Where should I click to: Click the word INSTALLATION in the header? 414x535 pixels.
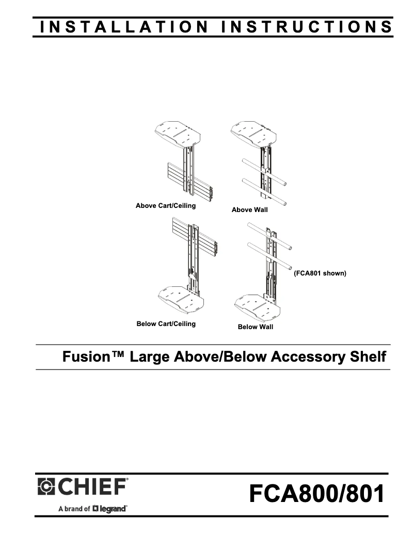(124, 27)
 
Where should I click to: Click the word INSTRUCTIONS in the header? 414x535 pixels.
(307, 27)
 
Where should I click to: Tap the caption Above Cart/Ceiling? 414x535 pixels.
(166, 206)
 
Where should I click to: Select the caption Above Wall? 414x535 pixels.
(250, 210)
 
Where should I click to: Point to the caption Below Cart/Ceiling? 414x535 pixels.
(166, 323)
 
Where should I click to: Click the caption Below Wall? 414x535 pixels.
(256, 327)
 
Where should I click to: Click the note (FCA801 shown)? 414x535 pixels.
(320, 273)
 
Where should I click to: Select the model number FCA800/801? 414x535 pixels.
(316, 494)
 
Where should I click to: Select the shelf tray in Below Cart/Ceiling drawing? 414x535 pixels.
(180, 299)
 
